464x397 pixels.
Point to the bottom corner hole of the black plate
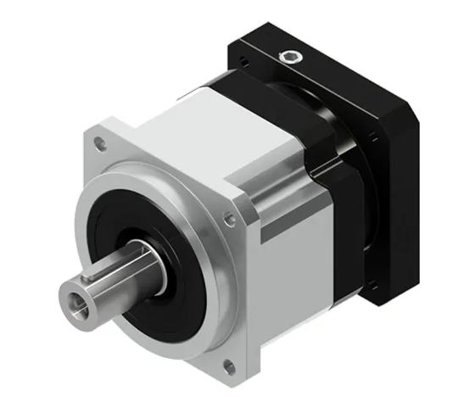pos(372,288)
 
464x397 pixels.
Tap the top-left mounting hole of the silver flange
pos(100,145)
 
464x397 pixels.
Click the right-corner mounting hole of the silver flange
pos(229,219)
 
